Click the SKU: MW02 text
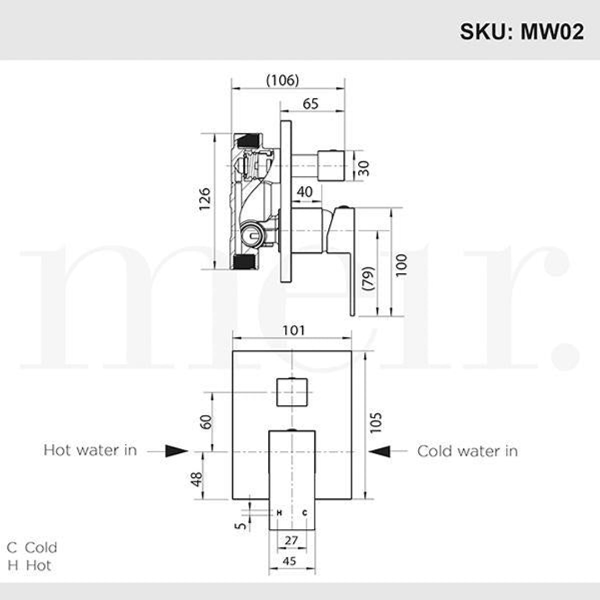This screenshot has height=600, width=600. pos(521,32)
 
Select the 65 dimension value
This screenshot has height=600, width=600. pos(311,103)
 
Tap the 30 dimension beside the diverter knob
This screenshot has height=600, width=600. pos(363,167)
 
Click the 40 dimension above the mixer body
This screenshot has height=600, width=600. pos(304,192)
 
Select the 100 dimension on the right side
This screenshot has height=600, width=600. pos(401,265)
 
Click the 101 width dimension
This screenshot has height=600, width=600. pos(293,331)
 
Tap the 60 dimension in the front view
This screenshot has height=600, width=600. pos(206,422)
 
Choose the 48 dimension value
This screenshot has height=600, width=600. pos(196,479)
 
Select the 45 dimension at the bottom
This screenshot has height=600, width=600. pos(289,561)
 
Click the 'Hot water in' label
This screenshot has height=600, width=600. pos(90,450)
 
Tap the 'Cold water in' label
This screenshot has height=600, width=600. pos(467,451)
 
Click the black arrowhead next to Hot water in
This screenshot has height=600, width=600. pos(177,451)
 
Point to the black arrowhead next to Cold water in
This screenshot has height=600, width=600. pos(380,451)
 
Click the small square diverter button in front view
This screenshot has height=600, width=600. pos(292,391)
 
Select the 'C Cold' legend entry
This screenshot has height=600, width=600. pos(32,547)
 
